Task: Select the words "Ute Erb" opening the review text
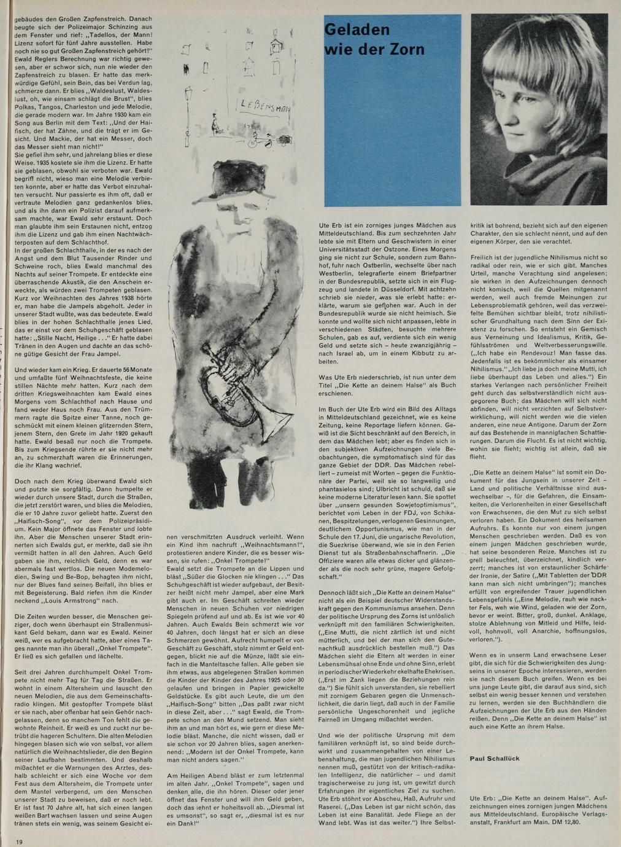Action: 329,227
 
